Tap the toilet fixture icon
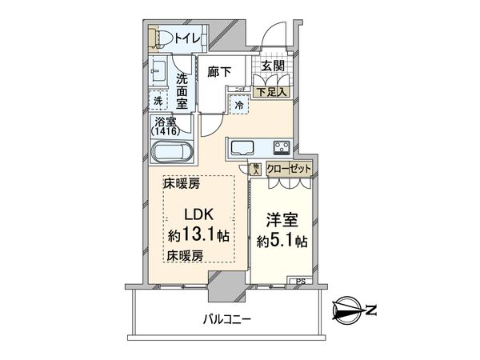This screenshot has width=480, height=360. click(157, 37)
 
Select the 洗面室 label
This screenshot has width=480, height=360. click(182, 90)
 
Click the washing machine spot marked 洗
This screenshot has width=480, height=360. click(158, 101)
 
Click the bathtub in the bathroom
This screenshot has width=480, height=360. click(170, 151)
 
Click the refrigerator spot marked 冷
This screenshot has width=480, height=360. click(239, 104)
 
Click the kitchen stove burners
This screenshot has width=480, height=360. click(282, 147)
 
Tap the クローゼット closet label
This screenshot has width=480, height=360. click(288, 169)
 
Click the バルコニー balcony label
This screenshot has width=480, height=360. click(227, 319)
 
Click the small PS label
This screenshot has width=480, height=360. click(300, 280)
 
